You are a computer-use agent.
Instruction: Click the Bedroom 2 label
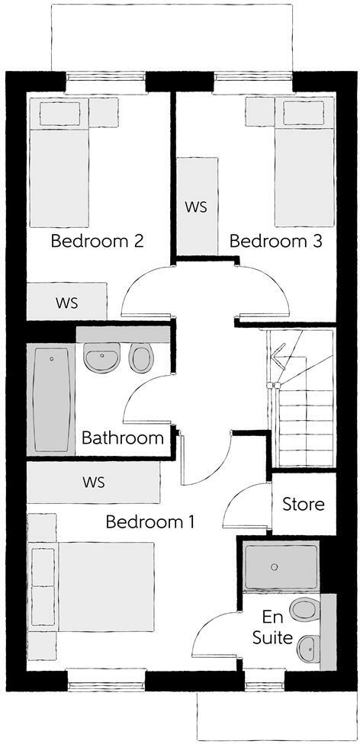[x=97, y=242]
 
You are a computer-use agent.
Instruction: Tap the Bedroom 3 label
[x=275, y=242]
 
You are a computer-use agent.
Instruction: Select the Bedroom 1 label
[x=150, y=523]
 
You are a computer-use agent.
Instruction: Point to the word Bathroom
[x=123, y=438]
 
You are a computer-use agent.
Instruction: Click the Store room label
[x=303, y=505]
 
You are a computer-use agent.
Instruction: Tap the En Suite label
[x=278, y=627]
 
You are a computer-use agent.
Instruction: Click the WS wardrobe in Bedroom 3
[x=197, y=207]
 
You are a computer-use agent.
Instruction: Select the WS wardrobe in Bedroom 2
[x=67, y=302]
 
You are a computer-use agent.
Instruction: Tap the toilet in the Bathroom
[x=141, y=357]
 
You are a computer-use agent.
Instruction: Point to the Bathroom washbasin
[x=101, y=358]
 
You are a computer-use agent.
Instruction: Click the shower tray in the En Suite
[x=280, y=567]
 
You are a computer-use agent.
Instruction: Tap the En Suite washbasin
[x=309, y=649]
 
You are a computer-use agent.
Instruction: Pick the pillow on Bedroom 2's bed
[x=59, y=115]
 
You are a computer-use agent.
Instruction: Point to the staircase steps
[x=304, y=427]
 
